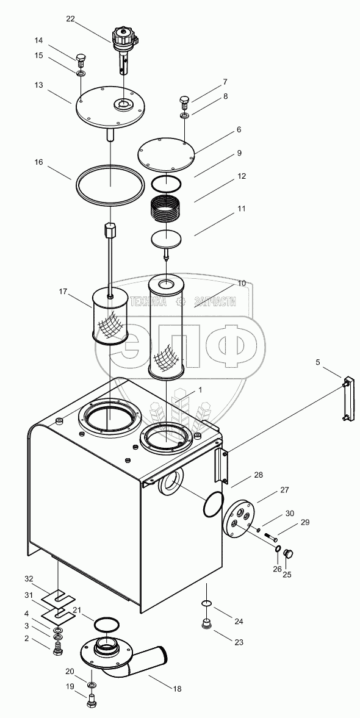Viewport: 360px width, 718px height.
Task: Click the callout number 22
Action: click(70, 18)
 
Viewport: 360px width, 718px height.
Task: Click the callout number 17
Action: click(63, 291)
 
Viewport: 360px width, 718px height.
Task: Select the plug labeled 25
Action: click(289, 554)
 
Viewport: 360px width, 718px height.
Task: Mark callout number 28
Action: click(258, 475)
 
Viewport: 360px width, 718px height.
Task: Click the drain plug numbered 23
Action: click(207, 623)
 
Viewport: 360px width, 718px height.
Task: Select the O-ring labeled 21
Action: click(106, 623)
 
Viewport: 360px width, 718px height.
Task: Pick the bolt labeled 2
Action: click(58, 648)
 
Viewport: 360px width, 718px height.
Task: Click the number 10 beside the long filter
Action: click(242, 284)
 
